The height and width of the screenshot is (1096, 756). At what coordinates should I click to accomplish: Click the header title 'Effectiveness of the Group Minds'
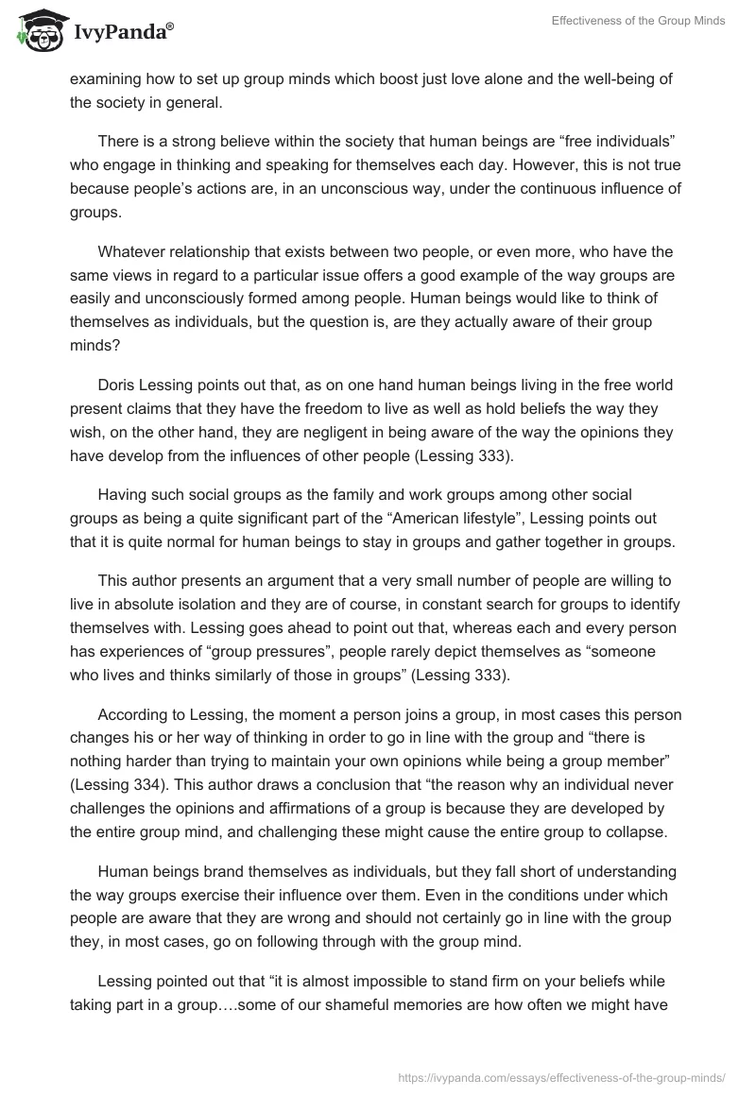pos(639,21)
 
